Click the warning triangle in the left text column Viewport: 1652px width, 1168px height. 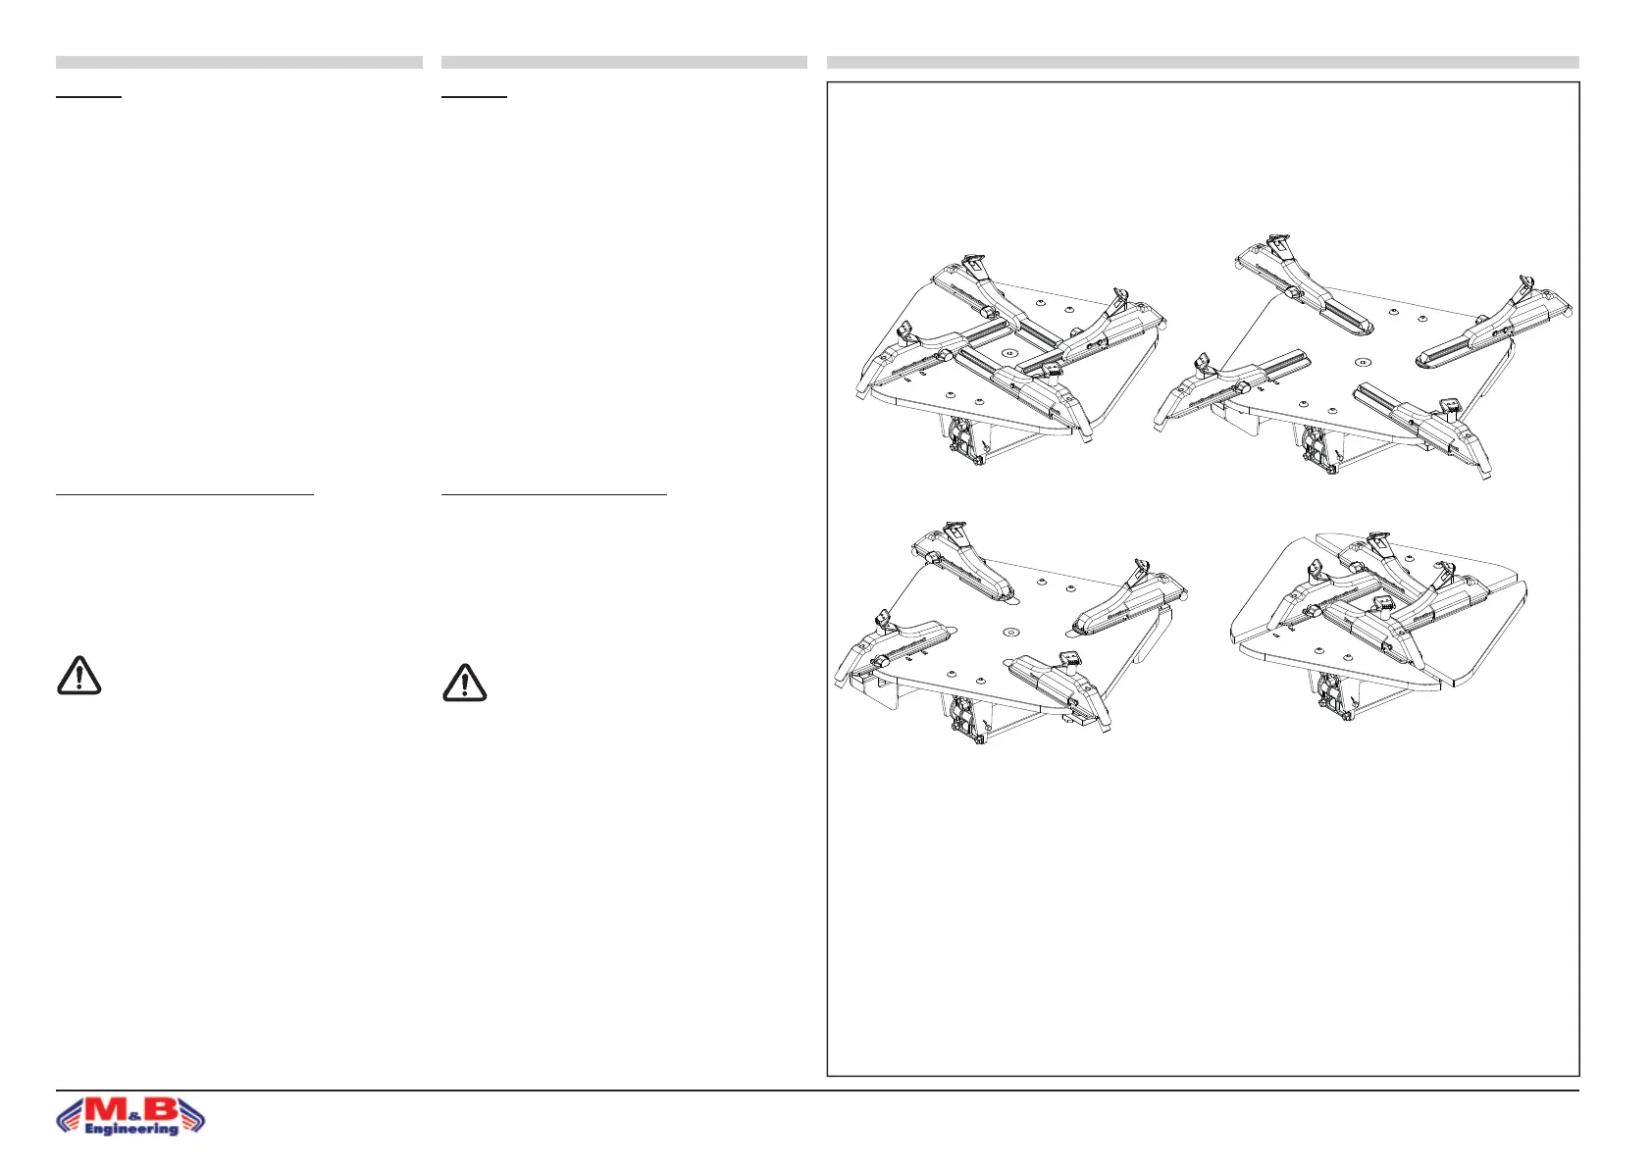(78, 676)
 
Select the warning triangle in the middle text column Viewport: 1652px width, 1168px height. (464, 683)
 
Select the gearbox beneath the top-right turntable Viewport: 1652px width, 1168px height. (1317, 448)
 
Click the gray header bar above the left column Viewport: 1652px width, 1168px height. (238, 62)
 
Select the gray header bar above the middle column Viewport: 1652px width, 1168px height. (624, 62)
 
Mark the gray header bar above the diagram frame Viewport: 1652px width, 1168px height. (1203, 62)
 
